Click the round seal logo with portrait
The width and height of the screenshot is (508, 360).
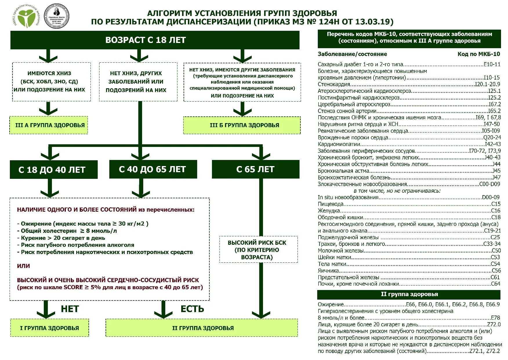click(x=57, y=16)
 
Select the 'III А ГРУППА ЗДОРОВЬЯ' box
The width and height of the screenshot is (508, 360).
click(x=49, y=125)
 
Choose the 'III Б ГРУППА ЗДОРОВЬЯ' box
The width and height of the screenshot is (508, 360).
click(x=242, y=125)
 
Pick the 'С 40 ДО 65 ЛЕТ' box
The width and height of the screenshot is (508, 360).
click(x=153, y=169)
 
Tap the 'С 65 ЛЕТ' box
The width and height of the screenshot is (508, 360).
click(x=255, y=169)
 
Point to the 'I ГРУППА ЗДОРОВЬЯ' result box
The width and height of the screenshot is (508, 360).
click(x=50, y=328)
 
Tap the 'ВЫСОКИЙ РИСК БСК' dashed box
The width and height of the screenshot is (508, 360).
click(x=258, y=250)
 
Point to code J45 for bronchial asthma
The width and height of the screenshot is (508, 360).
click(x=496, y=171)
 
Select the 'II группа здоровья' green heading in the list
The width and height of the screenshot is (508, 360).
click(x=409, y=294)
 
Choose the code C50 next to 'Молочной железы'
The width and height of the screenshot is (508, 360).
click(x=496, y=251)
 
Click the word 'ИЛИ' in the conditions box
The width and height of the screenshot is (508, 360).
click(x=23, y=266)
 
